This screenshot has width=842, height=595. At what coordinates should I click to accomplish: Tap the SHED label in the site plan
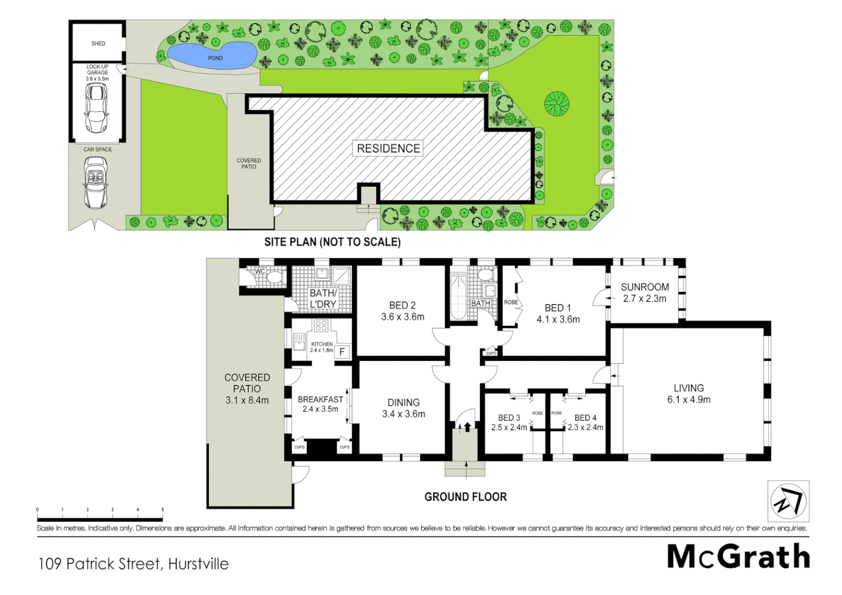click(x=98, y=44)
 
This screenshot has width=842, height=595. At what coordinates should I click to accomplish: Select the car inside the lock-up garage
click(x=96, y=108)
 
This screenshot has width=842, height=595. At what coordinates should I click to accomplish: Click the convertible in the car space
click(x=96, y=182)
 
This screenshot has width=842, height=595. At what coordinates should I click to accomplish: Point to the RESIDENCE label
click(x=388, y=148)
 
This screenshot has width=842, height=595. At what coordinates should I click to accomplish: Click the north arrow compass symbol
click(x=788, y=501)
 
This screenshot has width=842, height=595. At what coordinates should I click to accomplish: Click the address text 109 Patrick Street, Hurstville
click(x=133, y=564)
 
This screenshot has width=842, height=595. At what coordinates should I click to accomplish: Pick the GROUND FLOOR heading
click(x=465, y=497)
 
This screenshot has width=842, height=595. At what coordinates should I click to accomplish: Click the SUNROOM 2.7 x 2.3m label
click(x=645, y=293)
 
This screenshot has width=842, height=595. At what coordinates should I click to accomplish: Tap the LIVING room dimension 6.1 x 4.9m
click(x=689, y=400)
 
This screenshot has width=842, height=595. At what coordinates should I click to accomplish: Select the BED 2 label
click(x=402, y=305)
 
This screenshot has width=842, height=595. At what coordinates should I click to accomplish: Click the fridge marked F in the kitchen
click(x=342, y=351)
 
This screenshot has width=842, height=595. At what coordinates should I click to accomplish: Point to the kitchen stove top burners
click(x=321, y=326)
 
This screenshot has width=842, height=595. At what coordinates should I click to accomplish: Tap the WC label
click(x=260, y=271)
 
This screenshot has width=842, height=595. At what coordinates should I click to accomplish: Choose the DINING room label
click(x=403, y=403)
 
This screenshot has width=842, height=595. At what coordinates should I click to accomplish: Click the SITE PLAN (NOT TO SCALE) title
click(x=332, y=242)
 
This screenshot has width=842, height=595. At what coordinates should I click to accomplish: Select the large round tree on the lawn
click(x=557, y=104)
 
